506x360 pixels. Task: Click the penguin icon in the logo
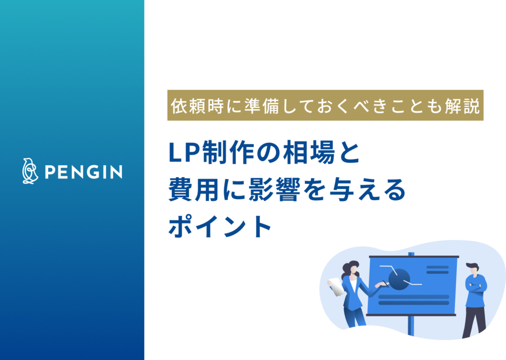tap(30, 171)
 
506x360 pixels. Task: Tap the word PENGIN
tap(84, 172)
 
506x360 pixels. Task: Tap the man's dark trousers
tap(474, 319)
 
